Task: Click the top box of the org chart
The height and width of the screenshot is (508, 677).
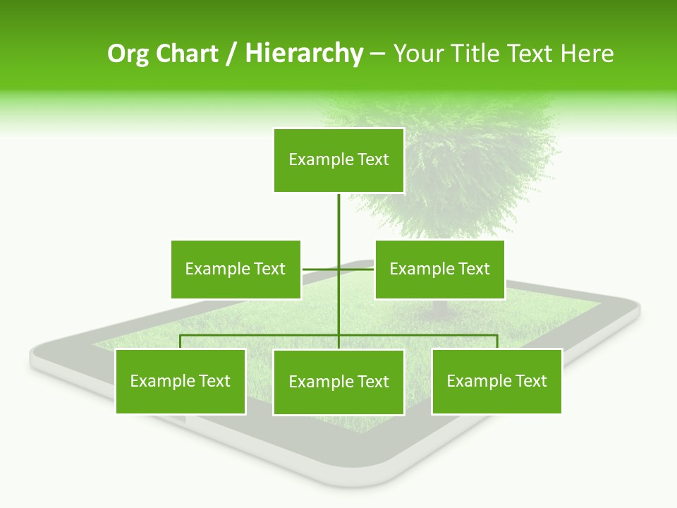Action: (338, 160)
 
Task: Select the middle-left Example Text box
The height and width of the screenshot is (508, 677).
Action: (236, 269)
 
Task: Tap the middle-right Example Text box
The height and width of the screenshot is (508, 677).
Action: (439, 269)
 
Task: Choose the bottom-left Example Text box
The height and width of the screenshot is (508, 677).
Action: (181, 381)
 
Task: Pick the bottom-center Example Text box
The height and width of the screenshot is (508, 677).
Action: (338, 382)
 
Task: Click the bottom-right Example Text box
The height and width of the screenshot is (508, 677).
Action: (496, 381)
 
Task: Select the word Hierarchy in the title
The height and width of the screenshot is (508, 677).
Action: (304, 54)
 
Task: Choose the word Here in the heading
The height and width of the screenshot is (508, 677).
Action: (587, 54)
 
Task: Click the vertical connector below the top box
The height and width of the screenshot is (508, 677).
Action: (339, 226)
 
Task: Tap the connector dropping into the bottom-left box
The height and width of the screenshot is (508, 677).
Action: (181, 341)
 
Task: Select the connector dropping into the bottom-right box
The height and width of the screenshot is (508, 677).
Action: (497, 341)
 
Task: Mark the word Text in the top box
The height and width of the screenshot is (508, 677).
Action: (373, 159)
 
